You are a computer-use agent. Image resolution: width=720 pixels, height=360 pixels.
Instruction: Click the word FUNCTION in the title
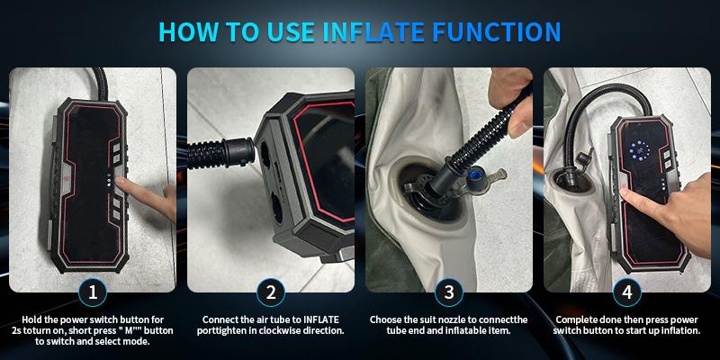[497, 32]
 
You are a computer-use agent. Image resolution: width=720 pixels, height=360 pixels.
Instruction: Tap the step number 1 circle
[93, 292]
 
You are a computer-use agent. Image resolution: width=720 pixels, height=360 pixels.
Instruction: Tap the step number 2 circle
[271, 292]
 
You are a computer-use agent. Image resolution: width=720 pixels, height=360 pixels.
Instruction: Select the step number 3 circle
[449, 292]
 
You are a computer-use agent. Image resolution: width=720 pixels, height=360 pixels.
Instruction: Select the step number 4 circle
[627, 292]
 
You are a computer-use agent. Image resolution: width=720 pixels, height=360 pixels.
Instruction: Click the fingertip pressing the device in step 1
[120, 182]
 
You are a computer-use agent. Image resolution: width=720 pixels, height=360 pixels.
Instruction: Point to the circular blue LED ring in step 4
[639, 150]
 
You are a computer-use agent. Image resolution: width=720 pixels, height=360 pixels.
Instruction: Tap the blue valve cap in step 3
[477, 175]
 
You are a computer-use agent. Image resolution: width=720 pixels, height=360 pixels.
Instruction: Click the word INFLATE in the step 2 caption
[321, 319]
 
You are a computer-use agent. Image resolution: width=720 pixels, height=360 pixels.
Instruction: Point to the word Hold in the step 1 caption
[31, 319]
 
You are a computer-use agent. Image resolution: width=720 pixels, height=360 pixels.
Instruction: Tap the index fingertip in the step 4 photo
[624, 193]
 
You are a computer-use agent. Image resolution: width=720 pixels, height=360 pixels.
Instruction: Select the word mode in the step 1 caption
[139, 342]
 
